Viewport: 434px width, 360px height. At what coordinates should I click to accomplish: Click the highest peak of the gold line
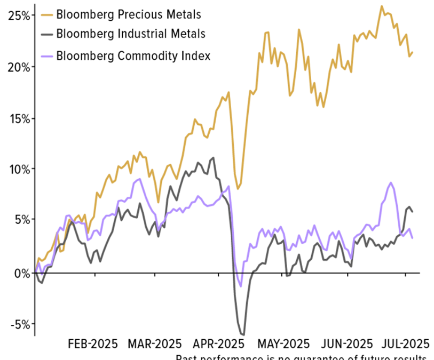[382, 6]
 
